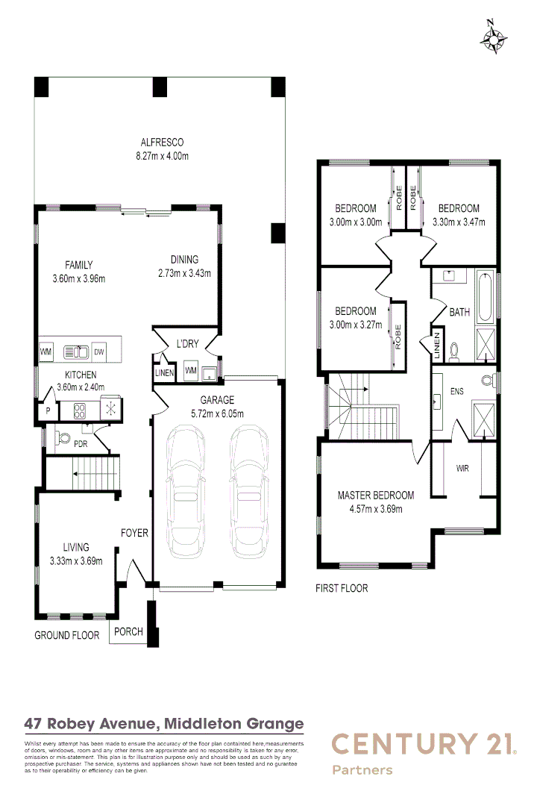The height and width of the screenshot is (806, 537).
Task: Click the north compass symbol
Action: (x=494, y=38)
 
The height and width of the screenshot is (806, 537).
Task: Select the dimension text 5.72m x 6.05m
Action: (x=217, y=413)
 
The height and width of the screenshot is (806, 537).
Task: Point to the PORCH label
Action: (x=128, y=631)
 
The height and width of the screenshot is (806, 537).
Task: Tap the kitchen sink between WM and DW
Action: (x=75, y=352)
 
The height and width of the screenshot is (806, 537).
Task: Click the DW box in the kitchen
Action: (x=98, y=352)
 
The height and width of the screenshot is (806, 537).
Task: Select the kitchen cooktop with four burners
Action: (x=78, y=408)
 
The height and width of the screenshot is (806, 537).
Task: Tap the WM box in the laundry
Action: (x=189, y=371)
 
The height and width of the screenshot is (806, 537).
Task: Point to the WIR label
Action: (x=462, y=469)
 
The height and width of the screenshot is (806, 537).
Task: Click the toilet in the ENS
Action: (x=488, y=380)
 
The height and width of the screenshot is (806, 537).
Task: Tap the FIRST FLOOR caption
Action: (x=342, y=588)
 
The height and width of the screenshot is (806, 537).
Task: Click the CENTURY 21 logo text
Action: (x=423, y=744)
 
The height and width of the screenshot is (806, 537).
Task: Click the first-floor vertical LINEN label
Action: (x=437, y=348)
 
